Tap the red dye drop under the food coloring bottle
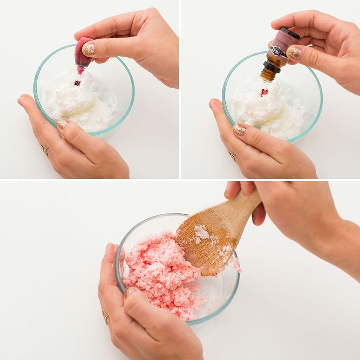tap(77, 83)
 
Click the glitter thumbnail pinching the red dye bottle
tap(89, 49)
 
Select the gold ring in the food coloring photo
tap(44, 150)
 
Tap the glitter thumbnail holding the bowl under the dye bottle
tap(63, 123)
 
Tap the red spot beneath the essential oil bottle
tap(264, 92)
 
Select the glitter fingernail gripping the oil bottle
tap(294, 53)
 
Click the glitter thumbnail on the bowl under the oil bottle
tap(240, 129)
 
